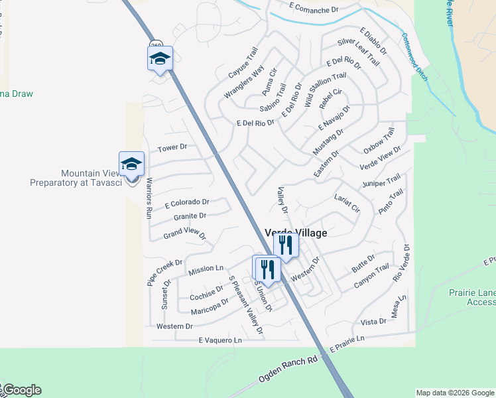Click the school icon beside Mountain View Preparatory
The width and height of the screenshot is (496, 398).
point(131,165)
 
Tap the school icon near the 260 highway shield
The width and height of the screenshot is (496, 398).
point(160,58)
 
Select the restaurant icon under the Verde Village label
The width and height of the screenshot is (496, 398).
point(286,245)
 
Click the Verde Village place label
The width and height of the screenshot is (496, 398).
point(296,233)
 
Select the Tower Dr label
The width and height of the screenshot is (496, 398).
point(172,147)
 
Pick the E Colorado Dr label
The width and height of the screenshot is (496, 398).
point(187,202)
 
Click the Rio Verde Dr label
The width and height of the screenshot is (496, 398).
point(403,263)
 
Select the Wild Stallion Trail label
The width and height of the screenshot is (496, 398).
point(326,91)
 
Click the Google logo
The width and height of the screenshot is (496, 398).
point(21,390)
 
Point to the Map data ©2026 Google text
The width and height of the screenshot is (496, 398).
point(455,393)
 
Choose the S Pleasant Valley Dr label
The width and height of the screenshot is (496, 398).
point(245,306)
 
